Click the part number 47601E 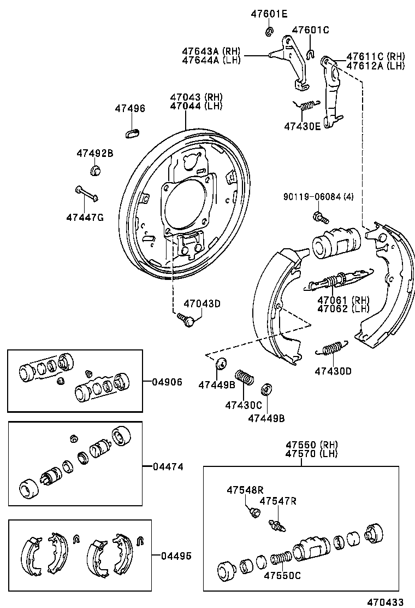point(269,14)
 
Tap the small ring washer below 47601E point(269,32)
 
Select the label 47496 point(130,109)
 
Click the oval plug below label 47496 point(133,132)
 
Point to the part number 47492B point(94,154)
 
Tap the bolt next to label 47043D point(186,319)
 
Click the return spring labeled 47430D point(331,348)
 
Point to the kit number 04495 point(176,556)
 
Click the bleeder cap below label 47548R point(253,512)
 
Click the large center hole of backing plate point(184,201)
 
